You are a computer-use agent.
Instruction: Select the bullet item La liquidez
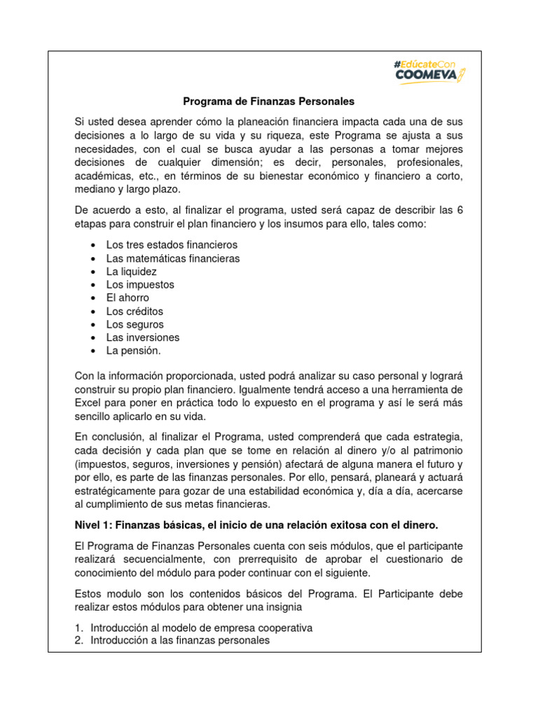point(131,272)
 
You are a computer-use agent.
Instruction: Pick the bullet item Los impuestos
point(140,285)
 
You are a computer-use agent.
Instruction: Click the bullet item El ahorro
point(127,298)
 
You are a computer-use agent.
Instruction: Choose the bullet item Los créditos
point(134,312)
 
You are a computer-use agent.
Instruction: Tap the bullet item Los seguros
point(134,325)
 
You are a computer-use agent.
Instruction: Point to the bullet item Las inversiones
point(143,337)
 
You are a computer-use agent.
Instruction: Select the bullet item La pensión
point(133,351)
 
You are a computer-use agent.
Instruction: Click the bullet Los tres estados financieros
point(172,245)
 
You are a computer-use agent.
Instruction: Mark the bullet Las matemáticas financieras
point(172,258)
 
